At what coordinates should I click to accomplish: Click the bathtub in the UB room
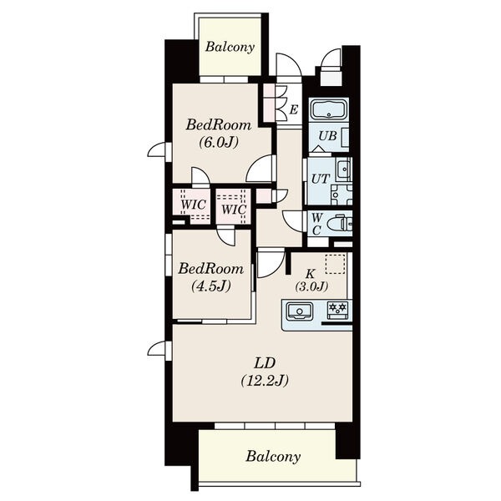coord(329,109)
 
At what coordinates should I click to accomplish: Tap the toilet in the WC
coord(340,223)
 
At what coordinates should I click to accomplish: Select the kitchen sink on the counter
coord(300,311)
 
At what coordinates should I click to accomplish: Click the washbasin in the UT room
coord(343,168)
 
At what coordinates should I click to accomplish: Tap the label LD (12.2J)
coord(265,372)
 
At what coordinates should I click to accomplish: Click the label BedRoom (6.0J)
coord(219,134)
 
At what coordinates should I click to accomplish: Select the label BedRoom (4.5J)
coord(211,277)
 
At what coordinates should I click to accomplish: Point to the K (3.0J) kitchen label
coord(311,280)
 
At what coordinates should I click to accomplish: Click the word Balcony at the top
coord(230,48)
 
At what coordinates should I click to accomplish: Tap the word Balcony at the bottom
coord(273,457)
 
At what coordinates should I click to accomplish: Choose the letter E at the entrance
coord(294,109)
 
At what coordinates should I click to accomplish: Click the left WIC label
coord(193,205)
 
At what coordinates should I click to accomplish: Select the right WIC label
coord(234,210)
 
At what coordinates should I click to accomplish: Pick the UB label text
coord(327,136)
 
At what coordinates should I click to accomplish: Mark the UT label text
coord(320,179)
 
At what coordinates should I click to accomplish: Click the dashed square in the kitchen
coord(335,264)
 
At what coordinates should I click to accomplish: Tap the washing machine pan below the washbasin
coord(342,195)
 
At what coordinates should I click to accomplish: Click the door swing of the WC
coord(293,220)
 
